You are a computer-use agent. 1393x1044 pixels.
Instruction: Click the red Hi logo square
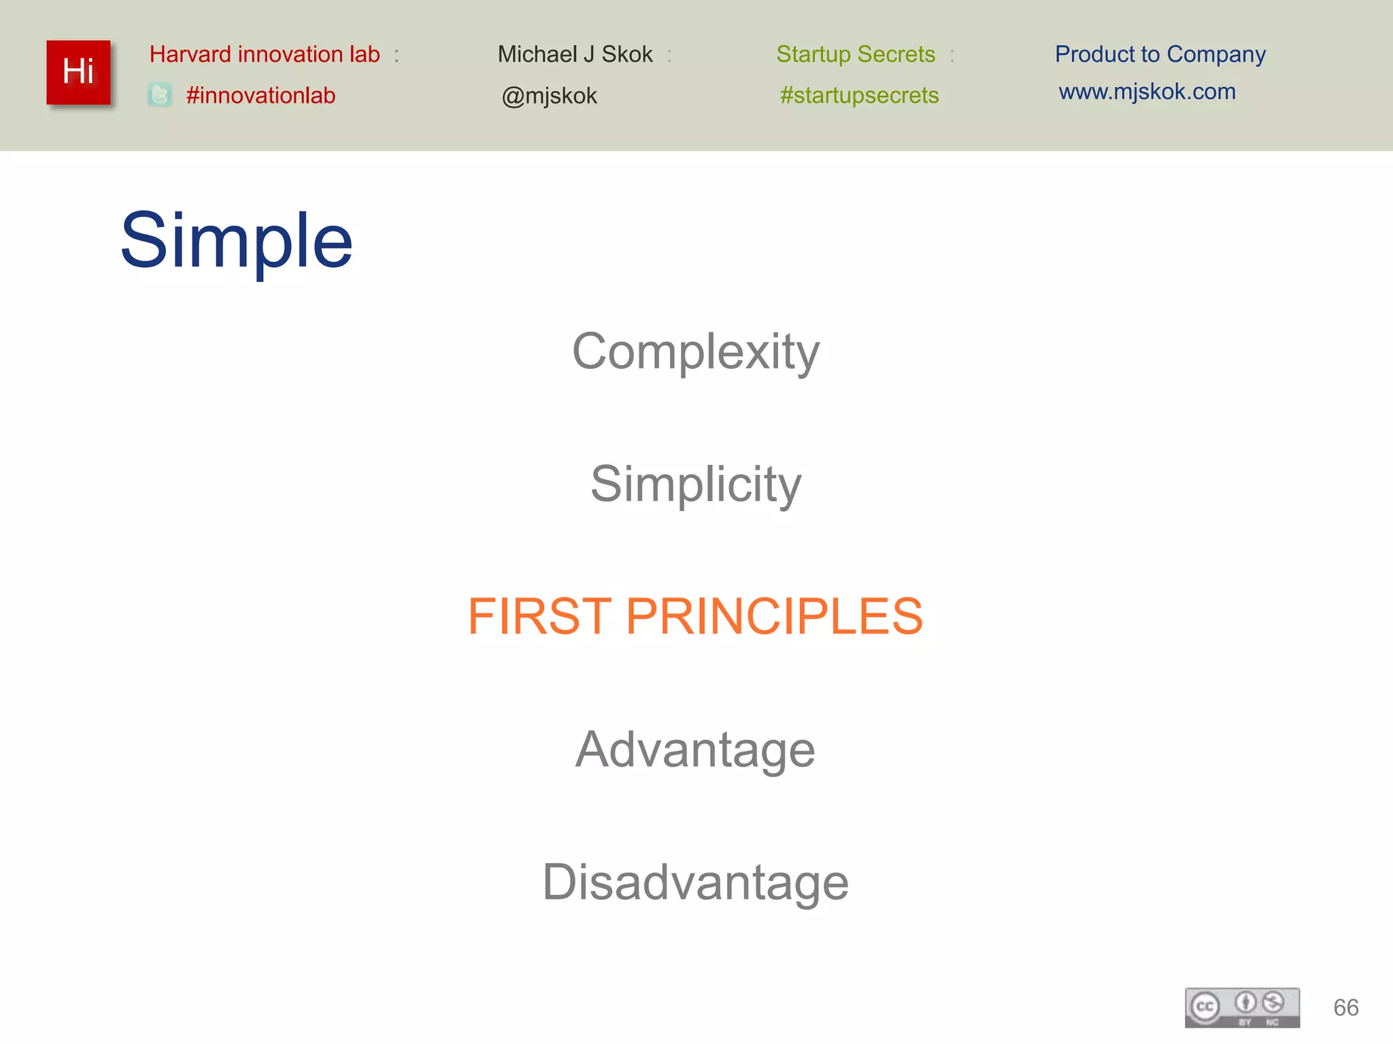(x=78, y=72)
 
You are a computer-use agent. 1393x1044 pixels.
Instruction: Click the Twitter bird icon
(x=160, y=94)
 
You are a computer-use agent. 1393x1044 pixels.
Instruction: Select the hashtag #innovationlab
(x=261, y=95)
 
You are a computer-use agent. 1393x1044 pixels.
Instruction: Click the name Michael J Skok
(x=575, y=54)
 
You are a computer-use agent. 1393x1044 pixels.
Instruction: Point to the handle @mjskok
(x=549, y=96)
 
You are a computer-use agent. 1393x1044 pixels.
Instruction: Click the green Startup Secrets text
(x=856, y=54)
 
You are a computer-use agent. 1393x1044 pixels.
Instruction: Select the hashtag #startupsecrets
(x=859, y=95)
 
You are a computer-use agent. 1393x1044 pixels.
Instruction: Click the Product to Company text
(x=1160, y=54)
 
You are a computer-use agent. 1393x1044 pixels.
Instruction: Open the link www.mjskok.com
(x=1147, y=92)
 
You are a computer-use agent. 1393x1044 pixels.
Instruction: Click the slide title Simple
(x=236, y=241)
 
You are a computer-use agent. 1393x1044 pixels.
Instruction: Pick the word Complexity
(x=696, y=352)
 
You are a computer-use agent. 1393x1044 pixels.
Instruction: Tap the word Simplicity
(x=696, y=485)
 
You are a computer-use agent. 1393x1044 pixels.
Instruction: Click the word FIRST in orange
(x=539, y=616)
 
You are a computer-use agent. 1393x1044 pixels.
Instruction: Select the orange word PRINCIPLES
(x=774, y=616)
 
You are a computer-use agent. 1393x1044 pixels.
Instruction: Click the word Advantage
(x=695, y=750)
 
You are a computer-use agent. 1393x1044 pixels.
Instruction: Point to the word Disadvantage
(x=695, y=882)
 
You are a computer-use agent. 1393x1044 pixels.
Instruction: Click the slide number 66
(x=1345, y=1007)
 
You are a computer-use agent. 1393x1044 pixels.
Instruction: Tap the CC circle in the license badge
(x=1205, y=1006)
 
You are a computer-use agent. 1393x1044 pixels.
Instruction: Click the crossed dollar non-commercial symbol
(x=1273, y=1002)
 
